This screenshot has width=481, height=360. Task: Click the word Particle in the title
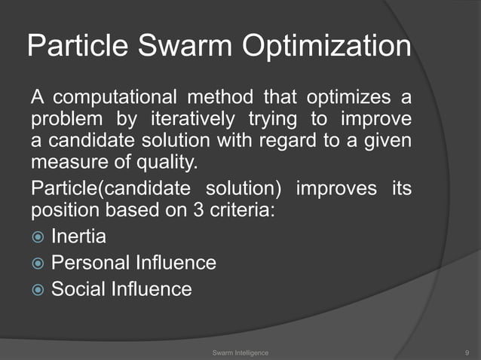(73, 47)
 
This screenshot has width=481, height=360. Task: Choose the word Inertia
(78, 237)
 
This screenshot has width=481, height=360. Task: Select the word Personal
(90, 264)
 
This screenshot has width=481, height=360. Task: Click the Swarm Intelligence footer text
(240, 351)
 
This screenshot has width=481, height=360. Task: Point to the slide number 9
(468, 351)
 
